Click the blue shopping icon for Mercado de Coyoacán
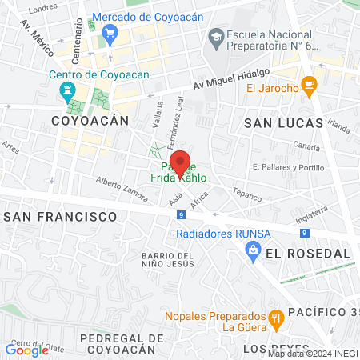pos(110,33)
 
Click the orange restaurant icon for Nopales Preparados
pos(276,318)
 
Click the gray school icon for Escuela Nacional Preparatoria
pos(216,36)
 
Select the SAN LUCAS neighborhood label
pos(283,123)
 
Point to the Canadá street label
pos(306,146)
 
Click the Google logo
pos(26,350)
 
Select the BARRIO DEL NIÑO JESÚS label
pos(168,259)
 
